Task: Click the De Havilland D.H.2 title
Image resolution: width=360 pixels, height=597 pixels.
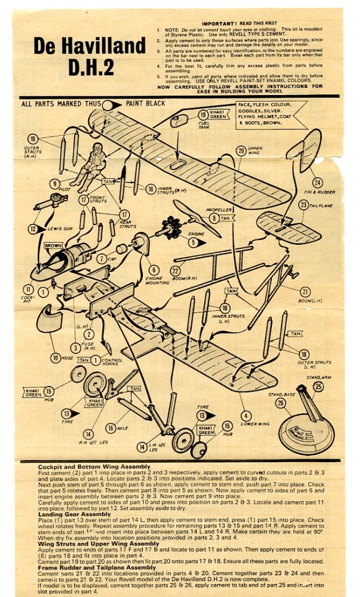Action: pyautogui.click(x=89, y=56)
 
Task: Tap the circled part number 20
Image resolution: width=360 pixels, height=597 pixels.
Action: pyautogui.click(x=241, y=150)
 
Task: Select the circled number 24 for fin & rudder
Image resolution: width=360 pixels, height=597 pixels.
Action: pyautogui.click(x=317, y=182)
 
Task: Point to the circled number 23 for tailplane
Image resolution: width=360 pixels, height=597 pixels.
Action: pyautogui.click(x=303, y=205)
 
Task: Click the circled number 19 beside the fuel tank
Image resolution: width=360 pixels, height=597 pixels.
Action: pyautogui.click(x=202, y=115)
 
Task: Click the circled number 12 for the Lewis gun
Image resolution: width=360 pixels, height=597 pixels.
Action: pyautogui.click(x=33, y=229)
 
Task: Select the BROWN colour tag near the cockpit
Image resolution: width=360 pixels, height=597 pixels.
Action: pyautogui.click(x=53, y=245)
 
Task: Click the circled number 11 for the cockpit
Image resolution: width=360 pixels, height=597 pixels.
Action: pyautogui.click(x=27, y=289)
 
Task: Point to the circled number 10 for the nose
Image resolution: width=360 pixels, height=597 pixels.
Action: pyautogui.click(x=55, y=357)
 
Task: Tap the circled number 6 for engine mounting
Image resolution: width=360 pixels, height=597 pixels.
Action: pyautogui.click(x=153, y=270)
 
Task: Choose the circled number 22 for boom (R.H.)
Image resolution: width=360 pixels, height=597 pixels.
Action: pyautogui.click(x=174, y=270)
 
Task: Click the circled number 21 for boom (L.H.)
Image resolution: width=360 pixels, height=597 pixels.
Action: pyautogui.click(x=304, y=292)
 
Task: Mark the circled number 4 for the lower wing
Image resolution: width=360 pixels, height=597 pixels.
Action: pyautogui.click(x=246, y=415)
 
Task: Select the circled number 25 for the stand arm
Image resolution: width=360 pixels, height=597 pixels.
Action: pyautogui.click(x=317, y=387)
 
